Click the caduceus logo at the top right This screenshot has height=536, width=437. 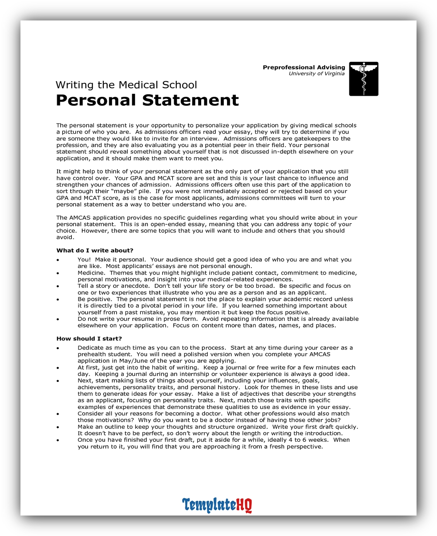(x=363, y=79)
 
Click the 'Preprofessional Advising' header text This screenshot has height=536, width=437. (x=304, y=67)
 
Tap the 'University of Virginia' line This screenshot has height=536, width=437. (x=317, y=74)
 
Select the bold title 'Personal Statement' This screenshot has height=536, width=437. (x=147, y=100)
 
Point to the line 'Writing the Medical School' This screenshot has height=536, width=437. (x=126, y=85)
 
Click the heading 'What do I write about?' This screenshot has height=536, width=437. (x=95, y=251)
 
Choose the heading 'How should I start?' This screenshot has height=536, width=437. (x=89, y=339)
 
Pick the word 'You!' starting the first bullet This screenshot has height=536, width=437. (x=84, y=260)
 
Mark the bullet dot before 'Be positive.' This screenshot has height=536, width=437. (x=58, y=300)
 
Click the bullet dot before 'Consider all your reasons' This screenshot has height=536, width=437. (x=58, y=414)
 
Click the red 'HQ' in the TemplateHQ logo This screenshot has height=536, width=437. (x=244, y=505)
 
